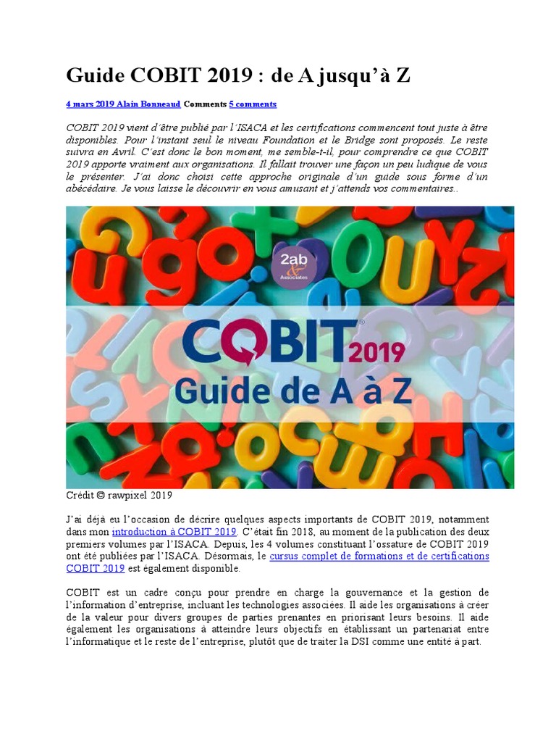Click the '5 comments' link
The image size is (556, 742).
tap(253, 104)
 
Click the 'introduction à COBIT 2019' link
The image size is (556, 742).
tap(174, 531)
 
